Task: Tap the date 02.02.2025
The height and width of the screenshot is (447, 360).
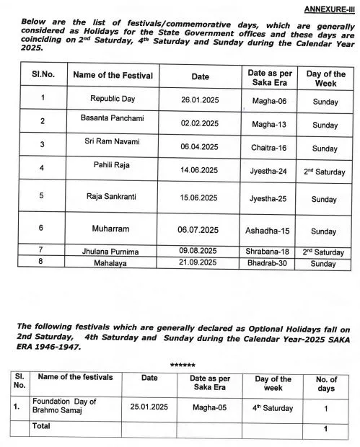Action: tap(200, 124)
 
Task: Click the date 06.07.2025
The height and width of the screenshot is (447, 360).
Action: tap(200, 231)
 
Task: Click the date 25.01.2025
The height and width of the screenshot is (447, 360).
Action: tap(150, 407)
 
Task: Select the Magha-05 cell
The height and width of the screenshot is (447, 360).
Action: tap(210, 407)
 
